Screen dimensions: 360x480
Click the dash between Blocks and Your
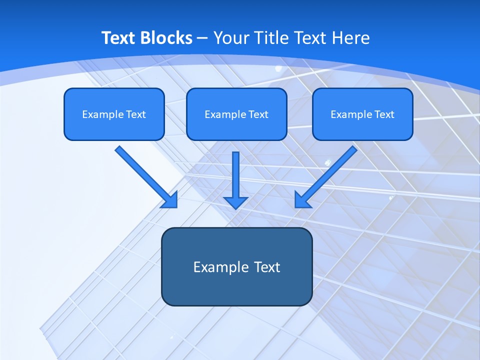[x=202, y=38]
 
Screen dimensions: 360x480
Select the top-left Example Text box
[x=114, y=114]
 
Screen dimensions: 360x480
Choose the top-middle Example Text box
[x=236, y=114]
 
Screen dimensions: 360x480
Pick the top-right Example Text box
[x=362, y=114]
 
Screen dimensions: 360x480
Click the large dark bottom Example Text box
[x=236, y=266]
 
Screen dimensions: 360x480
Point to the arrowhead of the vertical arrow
[x=235, y=202]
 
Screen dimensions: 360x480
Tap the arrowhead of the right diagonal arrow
[x=302, y=200]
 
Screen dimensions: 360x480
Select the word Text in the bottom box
[x=266, y=267]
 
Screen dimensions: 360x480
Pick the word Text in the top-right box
[x=384, y=114]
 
